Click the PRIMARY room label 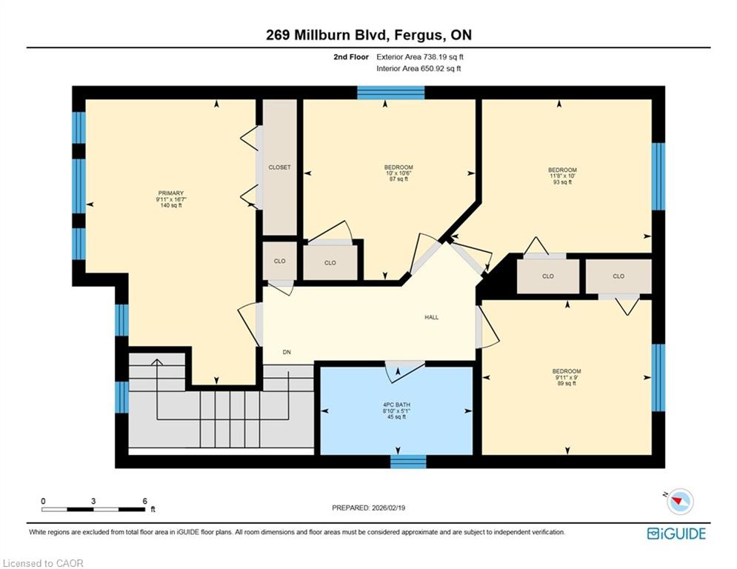coord(170,193)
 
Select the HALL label coord(432,317)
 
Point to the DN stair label coord(287,352)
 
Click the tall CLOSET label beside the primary coord(280,167)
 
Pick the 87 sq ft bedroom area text coord(398,179)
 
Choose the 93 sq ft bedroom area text coord(562,182)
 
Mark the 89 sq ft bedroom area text coord(567,383)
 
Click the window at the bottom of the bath coord(408,462)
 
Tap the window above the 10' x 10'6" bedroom coord(390,93)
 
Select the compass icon coord(680,502)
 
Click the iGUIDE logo coord(676,533)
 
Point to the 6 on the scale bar coord(144,502)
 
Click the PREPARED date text coord(369,508)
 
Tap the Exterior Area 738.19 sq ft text coord(420,57)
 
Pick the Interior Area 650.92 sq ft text coord(418,69)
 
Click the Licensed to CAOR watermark coord(43,563)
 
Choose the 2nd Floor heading coord(351,57)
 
